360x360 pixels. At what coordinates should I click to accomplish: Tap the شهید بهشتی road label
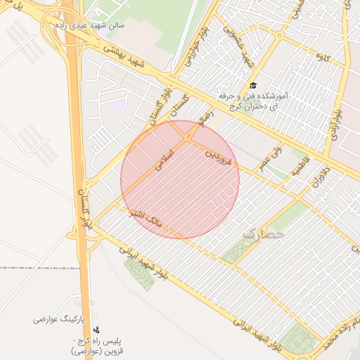click(x=134, y=60)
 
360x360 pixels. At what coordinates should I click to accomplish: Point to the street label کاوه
click(x=323, y=56)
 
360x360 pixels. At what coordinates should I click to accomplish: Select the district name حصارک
click(x=264, y=231)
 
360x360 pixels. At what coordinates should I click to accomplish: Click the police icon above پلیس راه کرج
click(x=96, y=329)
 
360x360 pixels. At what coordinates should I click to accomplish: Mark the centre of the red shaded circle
click(x=180, y=179)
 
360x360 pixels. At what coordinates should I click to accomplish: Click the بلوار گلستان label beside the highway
click(x=86, y=208)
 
